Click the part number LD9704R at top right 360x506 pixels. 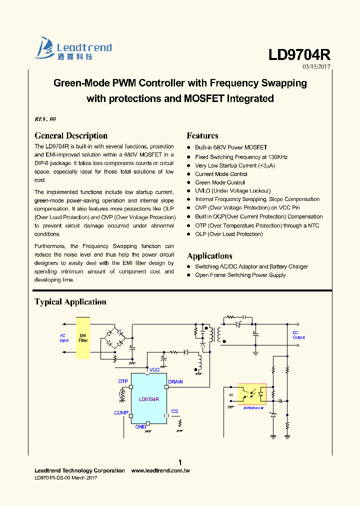299,54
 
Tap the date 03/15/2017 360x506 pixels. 316,66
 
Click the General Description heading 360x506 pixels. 71,135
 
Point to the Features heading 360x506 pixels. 202,135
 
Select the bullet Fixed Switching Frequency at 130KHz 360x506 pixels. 241,157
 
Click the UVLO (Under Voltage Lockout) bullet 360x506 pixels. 232,190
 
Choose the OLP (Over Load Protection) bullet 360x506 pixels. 228,234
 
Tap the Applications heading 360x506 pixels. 209,256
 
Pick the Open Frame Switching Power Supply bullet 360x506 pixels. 240,275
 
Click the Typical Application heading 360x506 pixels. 70,301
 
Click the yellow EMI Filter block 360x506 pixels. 83,337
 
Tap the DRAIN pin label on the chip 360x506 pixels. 175,381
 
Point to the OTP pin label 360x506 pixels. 123,381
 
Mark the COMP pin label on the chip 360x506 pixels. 121,412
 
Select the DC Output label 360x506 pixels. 298,335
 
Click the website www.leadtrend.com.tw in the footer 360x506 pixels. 160,470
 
